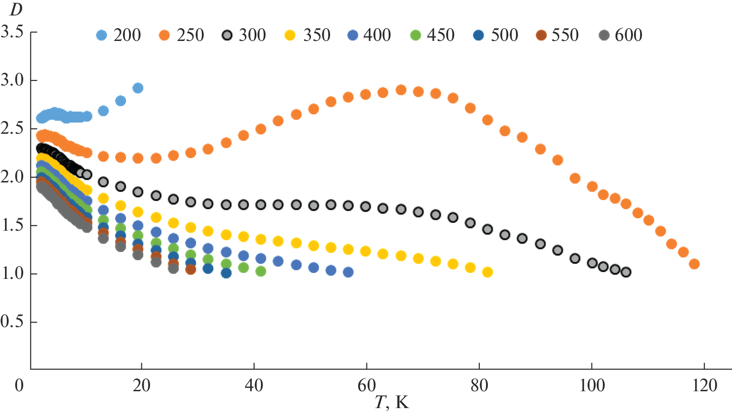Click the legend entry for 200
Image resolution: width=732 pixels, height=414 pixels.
point(119,35)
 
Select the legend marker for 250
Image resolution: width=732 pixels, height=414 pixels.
point(165,35)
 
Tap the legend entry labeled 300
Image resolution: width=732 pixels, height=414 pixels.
point(244,35)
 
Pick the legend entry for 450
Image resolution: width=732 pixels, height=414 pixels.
point(432,35)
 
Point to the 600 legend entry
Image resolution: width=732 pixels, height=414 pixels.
point(621,35)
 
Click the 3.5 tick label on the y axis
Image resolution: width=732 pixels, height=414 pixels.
point(12,32)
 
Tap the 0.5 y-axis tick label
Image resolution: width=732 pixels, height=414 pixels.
point(12,322)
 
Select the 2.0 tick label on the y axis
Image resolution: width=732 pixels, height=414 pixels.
point(12,177)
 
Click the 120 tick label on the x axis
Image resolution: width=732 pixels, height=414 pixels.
point(704,385)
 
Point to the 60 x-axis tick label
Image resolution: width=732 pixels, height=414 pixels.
point(366,385)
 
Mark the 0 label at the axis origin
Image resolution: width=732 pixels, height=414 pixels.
point(19,385)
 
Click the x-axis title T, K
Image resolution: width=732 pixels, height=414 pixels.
point(392,402)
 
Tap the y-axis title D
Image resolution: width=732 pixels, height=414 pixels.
point(15,10)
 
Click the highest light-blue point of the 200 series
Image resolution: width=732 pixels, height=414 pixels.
point(138,88)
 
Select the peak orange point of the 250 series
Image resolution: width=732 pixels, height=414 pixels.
point(401,90)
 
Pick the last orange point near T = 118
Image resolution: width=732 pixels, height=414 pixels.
point(694,264)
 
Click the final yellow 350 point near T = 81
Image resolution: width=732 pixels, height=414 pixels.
point(487,272)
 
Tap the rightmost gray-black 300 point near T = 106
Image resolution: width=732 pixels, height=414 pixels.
point(626,272)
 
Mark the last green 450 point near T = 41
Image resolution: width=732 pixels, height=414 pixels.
point(261,271)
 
